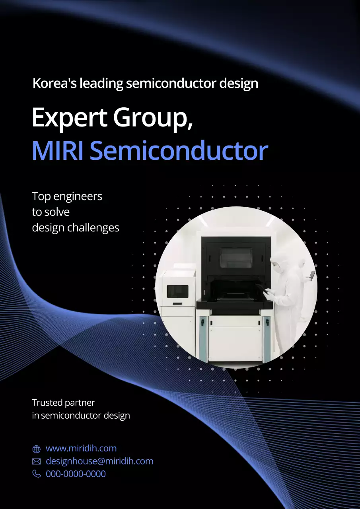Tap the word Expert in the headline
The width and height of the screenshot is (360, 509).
[69, 118]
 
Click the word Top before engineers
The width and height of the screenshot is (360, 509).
[41, 196]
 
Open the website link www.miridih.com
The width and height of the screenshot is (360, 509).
[81, 449]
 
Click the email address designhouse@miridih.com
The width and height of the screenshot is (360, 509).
[99, 461]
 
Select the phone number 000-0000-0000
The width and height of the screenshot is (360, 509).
[76, 474]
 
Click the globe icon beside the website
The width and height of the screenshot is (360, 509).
[37, 449]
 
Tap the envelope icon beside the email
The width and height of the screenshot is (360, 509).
[37, 462]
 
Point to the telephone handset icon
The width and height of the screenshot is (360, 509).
[37, 474]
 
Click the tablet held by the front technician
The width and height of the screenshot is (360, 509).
[261, 287]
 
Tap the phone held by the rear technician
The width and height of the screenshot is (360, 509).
[313, 275]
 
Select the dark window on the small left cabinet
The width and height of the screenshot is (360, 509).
[177, 291]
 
